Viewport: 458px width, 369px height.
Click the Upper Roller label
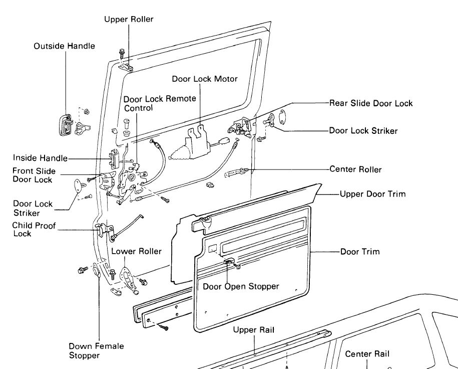coord(129,20)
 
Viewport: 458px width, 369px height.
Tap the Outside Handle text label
coord(64,46)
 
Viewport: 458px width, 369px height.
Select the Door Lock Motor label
coord(205,79)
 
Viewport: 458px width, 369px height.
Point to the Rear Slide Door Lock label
coord(371,103)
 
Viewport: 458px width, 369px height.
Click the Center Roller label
coord(355,169)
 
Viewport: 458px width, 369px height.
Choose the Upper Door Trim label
coord(372,194)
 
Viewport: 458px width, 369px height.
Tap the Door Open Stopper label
coord(241,286)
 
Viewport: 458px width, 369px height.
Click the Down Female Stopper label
coord(96,351)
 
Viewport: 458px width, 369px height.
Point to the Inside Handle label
coord(40,158)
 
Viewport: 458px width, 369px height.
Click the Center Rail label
coord(367,354)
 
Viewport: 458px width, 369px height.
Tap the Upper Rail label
coord(253,330)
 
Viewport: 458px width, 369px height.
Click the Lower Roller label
coord(136,251)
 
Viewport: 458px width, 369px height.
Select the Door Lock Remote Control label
coord(160,103)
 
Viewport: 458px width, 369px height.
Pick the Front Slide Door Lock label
coord(34,175)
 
